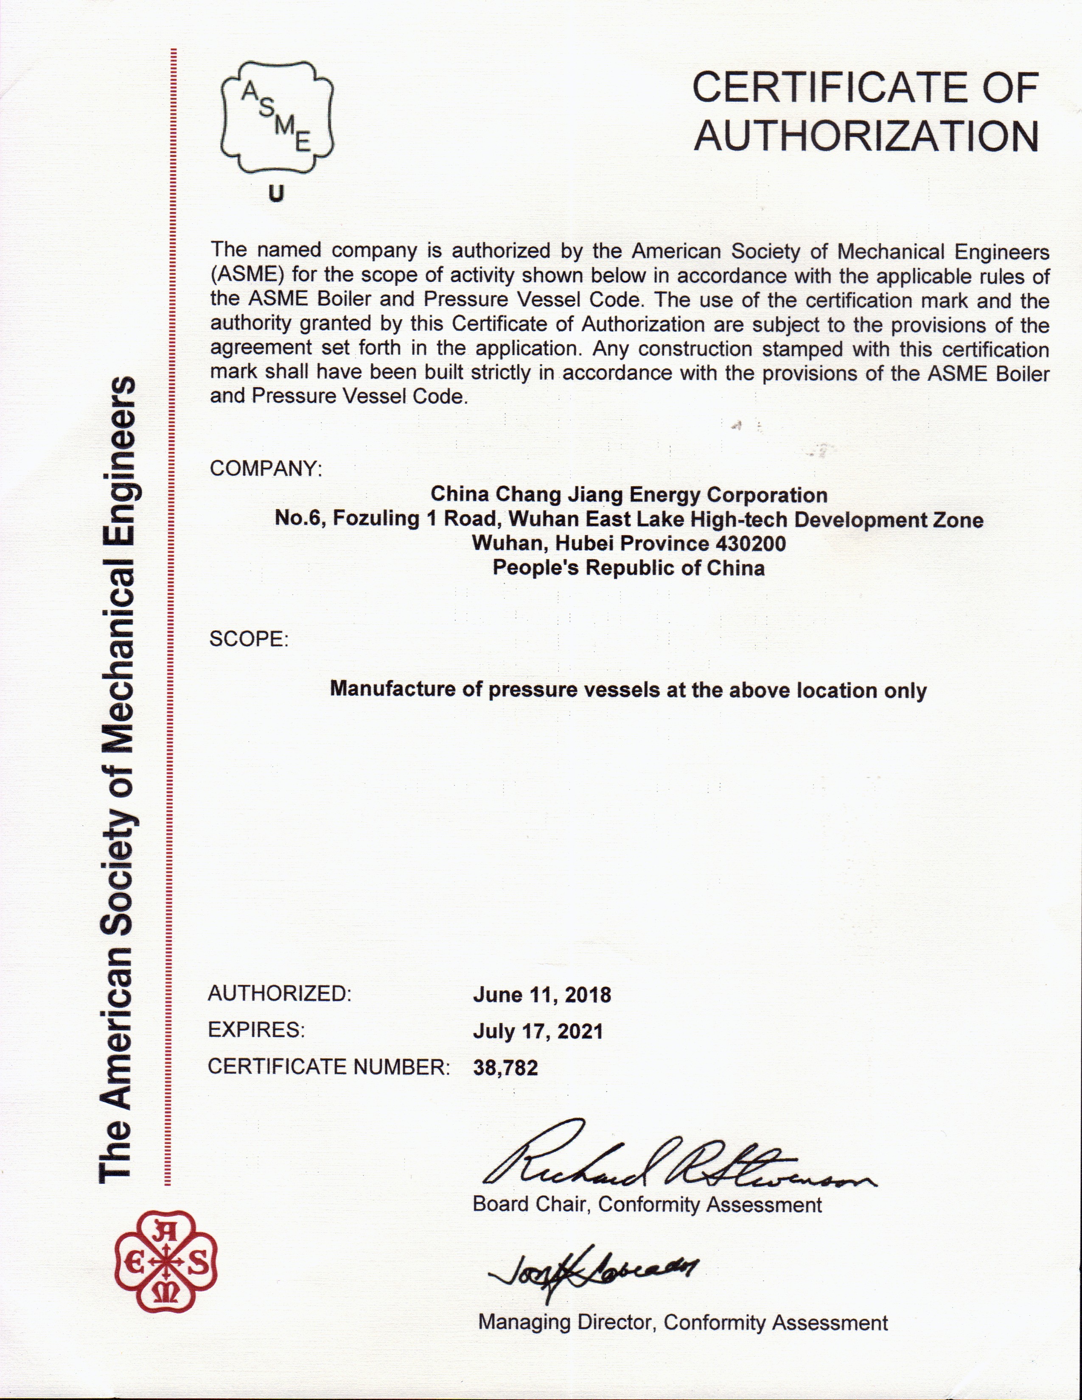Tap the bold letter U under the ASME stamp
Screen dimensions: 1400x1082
276,194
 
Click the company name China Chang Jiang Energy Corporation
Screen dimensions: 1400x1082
628,495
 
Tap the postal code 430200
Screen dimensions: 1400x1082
747,544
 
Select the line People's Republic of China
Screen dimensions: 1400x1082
628,568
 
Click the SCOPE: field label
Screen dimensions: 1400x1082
249,639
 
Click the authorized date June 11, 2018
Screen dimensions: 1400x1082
542,995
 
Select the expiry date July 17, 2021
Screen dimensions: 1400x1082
538,1032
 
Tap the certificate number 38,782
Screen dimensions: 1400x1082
505,1068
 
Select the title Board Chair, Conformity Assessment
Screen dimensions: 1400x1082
647,1205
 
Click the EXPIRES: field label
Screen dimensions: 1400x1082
256,1030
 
